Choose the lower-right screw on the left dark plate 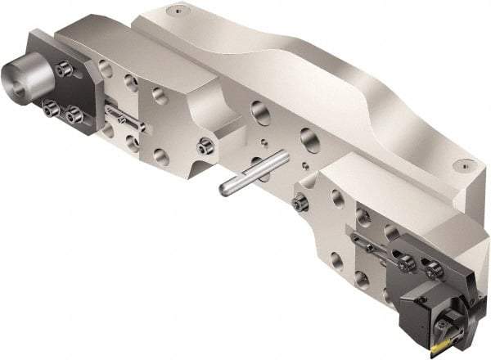(77, 111)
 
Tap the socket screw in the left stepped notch (206, 147)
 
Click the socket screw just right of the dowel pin (300, 200)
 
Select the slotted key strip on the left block (125, 117)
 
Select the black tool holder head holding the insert (429, 306)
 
